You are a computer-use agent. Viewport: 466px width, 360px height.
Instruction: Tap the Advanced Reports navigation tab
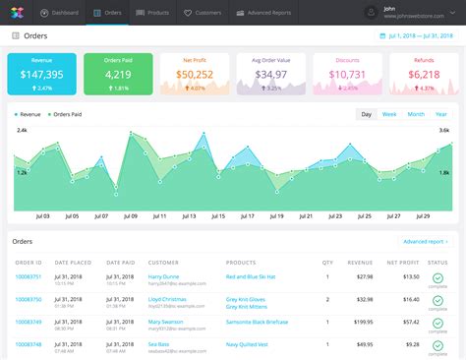tap(261, 13)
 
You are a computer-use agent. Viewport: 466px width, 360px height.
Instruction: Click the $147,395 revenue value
tap(41, 74)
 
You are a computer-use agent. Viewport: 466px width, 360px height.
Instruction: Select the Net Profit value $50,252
tap(193, 74)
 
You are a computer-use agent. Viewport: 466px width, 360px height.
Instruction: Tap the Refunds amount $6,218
tap(424, 74)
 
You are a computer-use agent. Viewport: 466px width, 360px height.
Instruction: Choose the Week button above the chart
tap(389, 114)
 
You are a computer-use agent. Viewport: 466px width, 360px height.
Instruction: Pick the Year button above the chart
tap(442, 114)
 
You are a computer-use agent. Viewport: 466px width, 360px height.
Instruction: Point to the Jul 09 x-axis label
tap(129, 215)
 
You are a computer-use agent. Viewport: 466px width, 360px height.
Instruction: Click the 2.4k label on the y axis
tap(21, 129)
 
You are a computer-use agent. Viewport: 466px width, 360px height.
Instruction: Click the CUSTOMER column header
tap(163, 263)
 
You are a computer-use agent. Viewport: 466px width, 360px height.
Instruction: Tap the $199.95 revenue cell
tap(361, 321)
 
